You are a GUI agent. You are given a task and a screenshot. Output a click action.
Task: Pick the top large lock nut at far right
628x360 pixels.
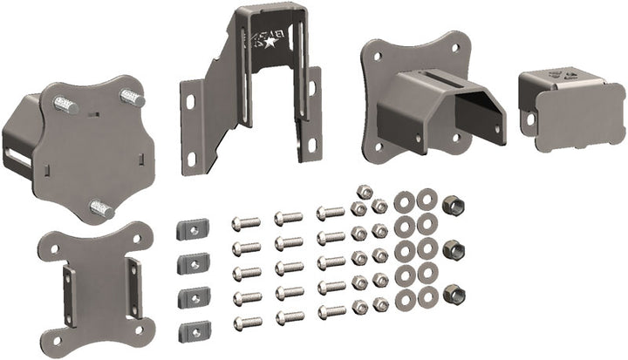pos(453,207)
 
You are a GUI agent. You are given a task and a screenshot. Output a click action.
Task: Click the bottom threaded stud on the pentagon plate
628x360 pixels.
pos(100,209)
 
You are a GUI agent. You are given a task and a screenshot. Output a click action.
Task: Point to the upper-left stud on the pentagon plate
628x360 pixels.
pos(65,105)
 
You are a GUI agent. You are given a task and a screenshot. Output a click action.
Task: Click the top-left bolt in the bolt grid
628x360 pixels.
pos(247,223)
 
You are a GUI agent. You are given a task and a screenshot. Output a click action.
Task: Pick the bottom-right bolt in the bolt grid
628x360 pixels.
pos(330,310)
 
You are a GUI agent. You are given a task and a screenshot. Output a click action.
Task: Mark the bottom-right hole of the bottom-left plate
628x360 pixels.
pos(139,329)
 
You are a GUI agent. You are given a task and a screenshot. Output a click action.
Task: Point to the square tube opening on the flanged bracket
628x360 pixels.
pos(478,112)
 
